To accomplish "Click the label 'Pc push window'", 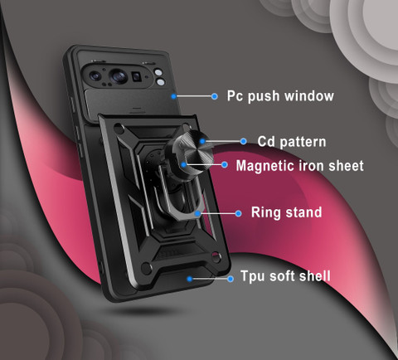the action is click(x=280, y=96).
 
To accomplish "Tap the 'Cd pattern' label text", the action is click(x=292, y=142).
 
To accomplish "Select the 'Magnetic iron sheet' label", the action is click(x=299, y=166).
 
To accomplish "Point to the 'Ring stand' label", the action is click(x=286, y=212).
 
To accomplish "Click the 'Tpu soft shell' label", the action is click(x=285, y=276).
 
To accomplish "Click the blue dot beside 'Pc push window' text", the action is click(x=214, y=96).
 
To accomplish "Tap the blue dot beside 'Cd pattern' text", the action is click(x=243, y=141).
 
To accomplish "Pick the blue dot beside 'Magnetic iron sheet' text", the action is click(x=225, y=165).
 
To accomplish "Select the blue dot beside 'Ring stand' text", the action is click(x=238, y=213).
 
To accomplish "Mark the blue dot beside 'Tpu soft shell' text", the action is click(x=231, y=279).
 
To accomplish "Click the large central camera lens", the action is click(x=118, y=75).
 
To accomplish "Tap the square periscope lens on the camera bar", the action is click(x=137, y=76).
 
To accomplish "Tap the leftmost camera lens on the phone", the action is click(x=95, y=75).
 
